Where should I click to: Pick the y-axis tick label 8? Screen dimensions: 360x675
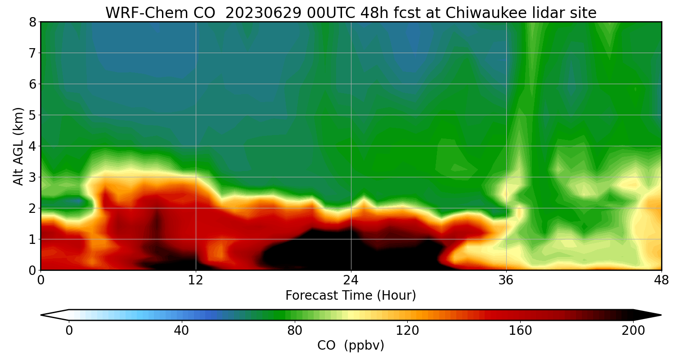pos(32,22)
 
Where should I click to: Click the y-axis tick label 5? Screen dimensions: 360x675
pos(32,115)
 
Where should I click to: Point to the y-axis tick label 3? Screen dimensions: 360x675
pos(32,177)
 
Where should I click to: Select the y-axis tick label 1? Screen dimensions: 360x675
pos(32,239)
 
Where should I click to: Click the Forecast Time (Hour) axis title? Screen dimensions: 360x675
pos(351,296)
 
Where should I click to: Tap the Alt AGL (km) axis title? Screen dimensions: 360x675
pos(18,146)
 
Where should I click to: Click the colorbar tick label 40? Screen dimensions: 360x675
pos(181,331)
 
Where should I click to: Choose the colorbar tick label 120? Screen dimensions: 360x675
pos(407,331)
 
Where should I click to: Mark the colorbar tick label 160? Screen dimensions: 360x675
pos(520,331)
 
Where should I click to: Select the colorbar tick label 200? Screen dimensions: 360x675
pos(633,331)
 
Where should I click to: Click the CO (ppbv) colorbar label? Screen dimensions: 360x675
pos(351,346)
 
